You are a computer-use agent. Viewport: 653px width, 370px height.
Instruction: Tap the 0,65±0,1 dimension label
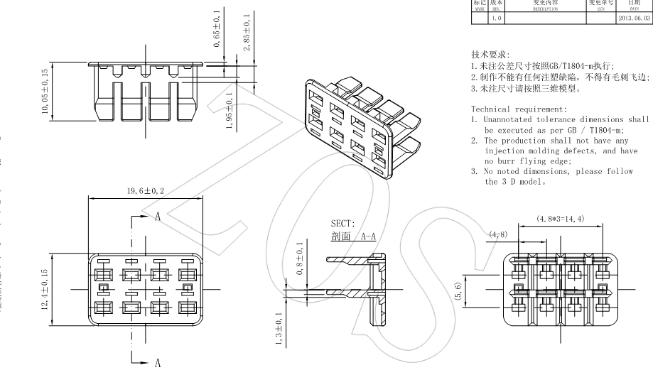pyautogui.click(x=217, y=29)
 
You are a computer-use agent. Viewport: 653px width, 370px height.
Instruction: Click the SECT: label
pyautogui.click(x=342, y=224)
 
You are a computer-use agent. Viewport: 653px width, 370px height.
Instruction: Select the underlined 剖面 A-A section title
pyautogui.click(x=353, y=236)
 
